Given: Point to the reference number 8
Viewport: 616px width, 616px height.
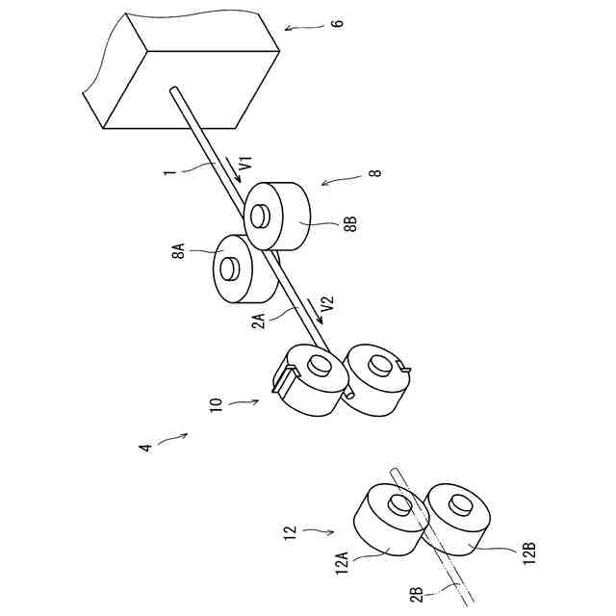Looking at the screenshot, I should point(374,173).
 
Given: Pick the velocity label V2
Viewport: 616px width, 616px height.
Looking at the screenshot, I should point(327,307).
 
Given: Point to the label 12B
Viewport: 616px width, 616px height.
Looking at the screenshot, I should point(528,555).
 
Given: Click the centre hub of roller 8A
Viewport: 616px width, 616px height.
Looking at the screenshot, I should point(228,267).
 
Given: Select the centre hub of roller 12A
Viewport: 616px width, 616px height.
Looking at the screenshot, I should point(396,506).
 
